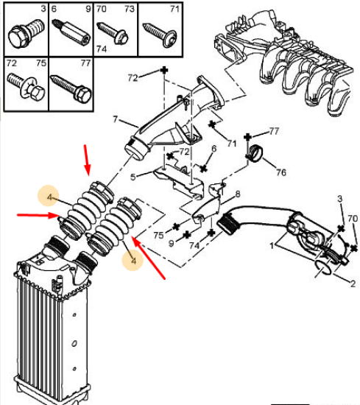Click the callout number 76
[281, 172]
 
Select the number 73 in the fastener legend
[130, 9]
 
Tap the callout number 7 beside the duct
[116, 119]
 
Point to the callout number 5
[133, 177]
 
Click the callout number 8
[238, 194]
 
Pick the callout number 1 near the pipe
[272, 245]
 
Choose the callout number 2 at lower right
[353, 283]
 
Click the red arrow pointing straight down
[87, 160]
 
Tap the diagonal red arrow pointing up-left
[149, 258]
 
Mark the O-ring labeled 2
[323, 268]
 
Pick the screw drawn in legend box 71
[160, 35]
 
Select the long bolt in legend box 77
[71, 88]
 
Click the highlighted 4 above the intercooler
[49, 197]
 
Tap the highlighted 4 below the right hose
[133, 261]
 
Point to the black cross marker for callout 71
[212, 124]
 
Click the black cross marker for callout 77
[247, 137]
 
